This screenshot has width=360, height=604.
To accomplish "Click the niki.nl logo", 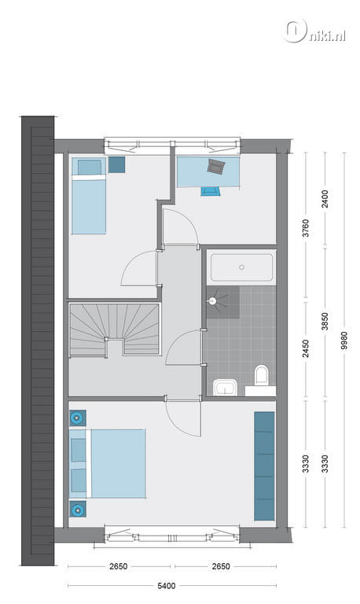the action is coord(314,31).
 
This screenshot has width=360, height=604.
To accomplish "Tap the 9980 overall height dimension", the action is coord(344,341).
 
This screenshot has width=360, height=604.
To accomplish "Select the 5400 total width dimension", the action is coord(167,586).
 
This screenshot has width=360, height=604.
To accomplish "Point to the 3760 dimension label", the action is coord(306,228).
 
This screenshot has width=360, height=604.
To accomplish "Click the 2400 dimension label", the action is coord(325,199).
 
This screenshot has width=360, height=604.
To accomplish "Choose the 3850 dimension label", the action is coord(325,321).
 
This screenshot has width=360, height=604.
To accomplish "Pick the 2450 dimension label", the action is coord(306,348).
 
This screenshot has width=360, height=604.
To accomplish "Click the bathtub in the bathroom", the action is coord(241,267).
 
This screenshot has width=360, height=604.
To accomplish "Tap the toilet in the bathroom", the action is coord(262,375).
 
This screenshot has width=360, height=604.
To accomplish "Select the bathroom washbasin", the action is coord(226,387).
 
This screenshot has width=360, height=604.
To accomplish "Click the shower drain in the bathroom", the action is coord(211,302).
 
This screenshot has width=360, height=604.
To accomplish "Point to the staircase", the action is coord(115,330).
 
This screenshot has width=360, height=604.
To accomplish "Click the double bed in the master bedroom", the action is coord(108,464).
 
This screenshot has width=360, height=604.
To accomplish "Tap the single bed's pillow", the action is coord(90,168).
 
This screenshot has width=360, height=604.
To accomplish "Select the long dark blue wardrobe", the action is coord(265,466).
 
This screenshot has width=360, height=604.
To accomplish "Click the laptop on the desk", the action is coord(215,166).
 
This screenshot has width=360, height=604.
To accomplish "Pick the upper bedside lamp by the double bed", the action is coord(78,418).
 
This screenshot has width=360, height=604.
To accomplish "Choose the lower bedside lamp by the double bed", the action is coord(78,510).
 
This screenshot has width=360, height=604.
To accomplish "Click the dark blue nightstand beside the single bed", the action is coord(116,164).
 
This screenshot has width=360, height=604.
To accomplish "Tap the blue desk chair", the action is coord(210,191).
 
